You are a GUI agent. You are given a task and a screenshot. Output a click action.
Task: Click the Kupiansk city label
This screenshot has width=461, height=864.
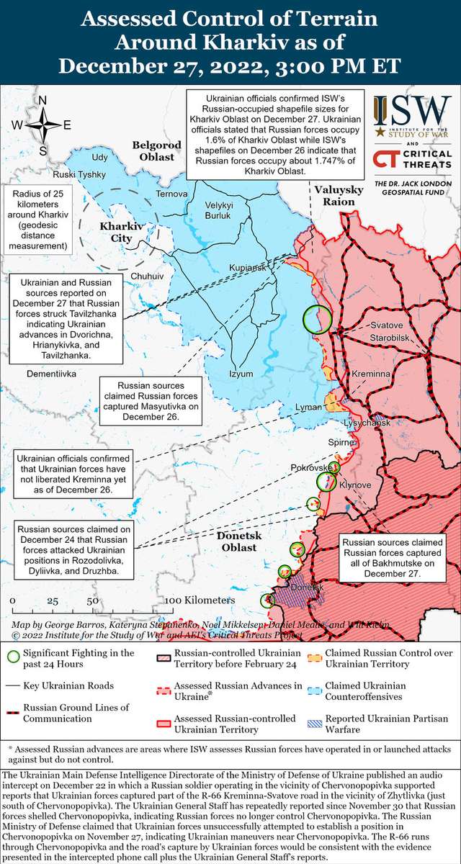248,268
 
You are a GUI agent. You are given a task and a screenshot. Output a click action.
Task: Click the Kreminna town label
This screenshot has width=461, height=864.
371,375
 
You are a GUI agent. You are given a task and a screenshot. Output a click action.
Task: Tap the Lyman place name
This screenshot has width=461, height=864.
308,408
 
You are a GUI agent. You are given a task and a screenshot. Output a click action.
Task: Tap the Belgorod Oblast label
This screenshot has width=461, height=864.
153,150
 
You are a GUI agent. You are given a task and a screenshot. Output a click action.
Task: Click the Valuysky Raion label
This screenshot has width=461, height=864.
335,196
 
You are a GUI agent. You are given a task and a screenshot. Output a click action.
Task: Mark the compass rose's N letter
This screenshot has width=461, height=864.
42,100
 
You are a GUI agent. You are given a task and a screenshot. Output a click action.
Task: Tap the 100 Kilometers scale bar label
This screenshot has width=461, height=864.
200,600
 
